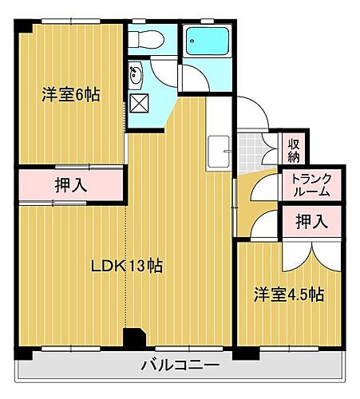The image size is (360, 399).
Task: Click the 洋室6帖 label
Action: (x=71, y=94)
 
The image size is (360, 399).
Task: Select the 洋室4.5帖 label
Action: (x=289, y=294)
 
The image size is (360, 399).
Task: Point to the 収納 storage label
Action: (x=294, y=149)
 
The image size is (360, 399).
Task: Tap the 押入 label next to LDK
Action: (x=70, y=185)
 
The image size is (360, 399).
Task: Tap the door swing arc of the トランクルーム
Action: (x=262, y=190)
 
